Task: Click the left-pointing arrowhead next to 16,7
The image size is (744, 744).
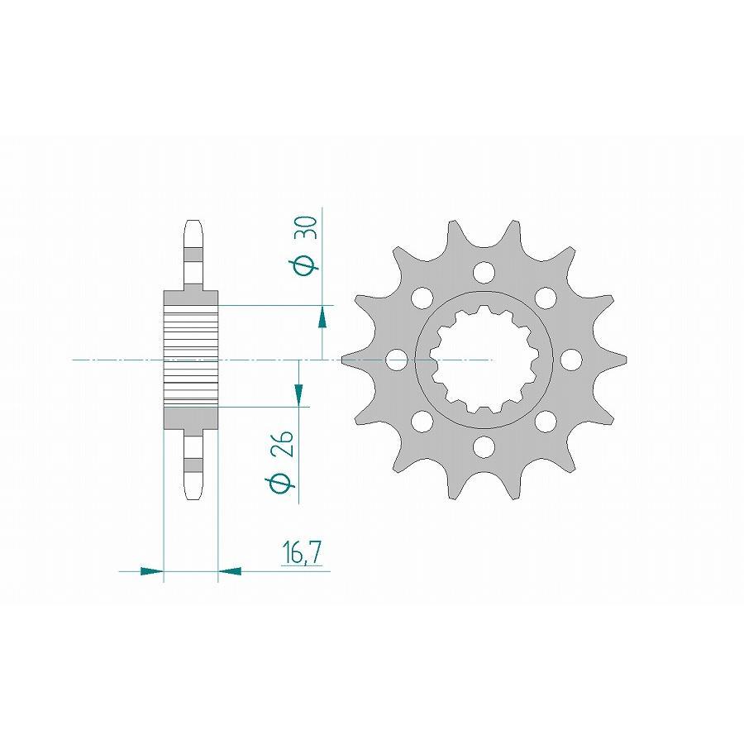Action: coord(229,570)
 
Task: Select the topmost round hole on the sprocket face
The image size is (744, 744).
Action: coord(484,271)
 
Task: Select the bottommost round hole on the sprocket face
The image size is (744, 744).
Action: coord(484,447)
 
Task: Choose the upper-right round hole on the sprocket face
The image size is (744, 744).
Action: coord(545,297)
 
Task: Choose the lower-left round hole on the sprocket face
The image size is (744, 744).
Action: coord(422,422)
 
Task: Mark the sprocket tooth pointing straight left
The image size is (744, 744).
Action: coord(351,360)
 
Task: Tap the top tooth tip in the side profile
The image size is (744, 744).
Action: coord(192,225)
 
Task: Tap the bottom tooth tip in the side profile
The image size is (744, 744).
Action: coord(192,494)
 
